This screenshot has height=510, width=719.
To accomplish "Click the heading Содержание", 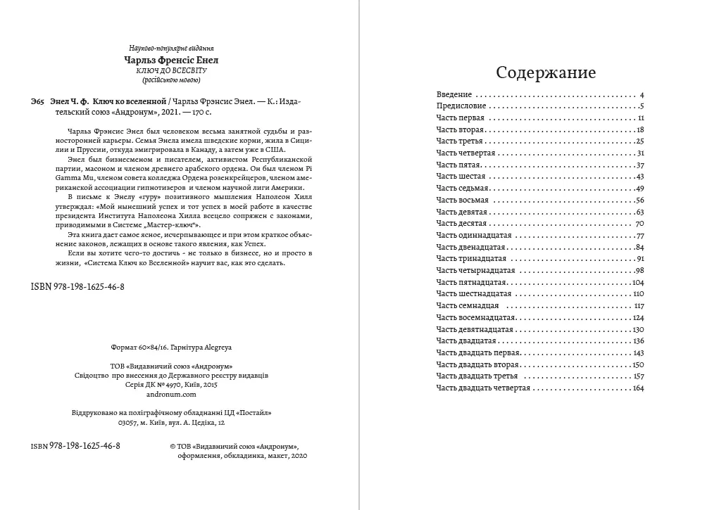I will pos(546,73).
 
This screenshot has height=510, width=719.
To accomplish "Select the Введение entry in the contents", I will pos(455,94).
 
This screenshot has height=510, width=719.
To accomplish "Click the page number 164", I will pos(638,388).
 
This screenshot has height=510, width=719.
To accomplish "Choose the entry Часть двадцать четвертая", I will pos(482,388).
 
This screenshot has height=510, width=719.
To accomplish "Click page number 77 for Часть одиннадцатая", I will pos(639,235).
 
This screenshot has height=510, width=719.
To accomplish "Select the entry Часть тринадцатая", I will pos(468,258).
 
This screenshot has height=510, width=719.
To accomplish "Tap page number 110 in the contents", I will pos(638,293).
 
